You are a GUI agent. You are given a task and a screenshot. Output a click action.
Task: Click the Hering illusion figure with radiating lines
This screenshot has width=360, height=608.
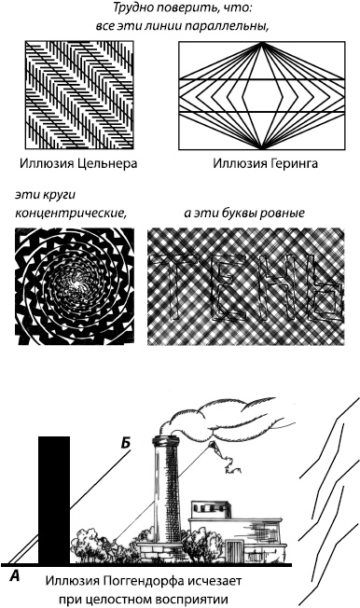pyautogui.click(x=257, y=94)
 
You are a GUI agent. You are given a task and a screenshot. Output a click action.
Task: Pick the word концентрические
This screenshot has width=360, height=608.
pyautogui.click(x=71, y=213)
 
